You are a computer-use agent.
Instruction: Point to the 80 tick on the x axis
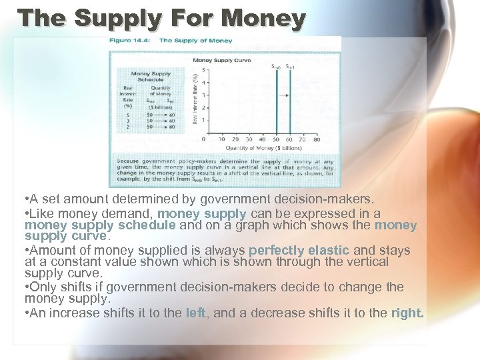point(316,139)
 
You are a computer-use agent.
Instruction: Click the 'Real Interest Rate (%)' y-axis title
point(194,100)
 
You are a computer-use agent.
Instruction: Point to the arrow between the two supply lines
point(283,95)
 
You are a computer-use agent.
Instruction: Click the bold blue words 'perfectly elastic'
point(299,250)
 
